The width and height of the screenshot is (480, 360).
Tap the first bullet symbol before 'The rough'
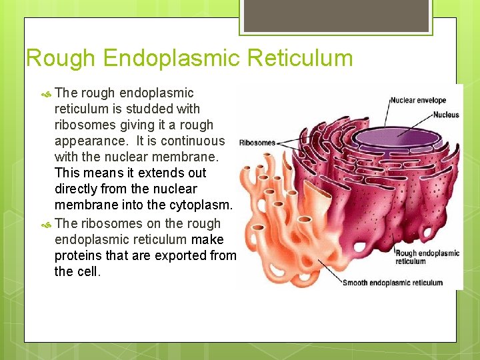click(x=45, y=93)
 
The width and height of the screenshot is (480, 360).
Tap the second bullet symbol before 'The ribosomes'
click(x=45, y=224)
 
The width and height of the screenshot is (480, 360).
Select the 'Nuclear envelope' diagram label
click(x=418, y=101)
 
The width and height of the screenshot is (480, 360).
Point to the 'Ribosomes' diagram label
click(x=257, y=143)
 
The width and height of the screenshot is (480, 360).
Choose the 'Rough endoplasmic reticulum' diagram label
click(x=427, y=257)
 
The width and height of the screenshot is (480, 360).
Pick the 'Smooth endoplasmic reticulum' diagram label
click(x=392, y=282)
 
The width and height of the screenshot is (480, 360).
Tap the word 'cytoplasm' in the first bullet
click(x=199, y=205)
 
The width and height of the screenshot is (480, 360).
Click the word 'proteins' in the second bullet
click(x=78, y=255)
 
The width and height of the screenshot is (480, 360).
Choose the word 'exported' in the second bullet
click(x=179, y=255)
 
